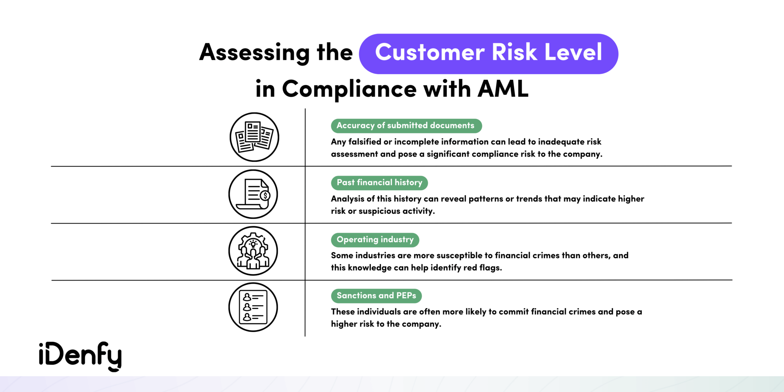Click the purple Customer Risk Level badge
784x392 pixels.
tap(488, 54)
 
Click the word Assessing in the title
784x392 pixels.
tap(254, 53)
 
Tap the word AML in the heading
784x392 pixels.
tap(503, 89)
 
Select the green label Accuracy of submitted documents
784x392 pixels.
tap(406, 126)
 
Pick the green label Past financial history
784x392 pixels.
tap(379, 183)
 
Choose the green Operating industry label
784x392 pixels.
tap(375, 240)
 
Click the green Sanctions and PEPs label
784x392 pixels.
tap(376, 296)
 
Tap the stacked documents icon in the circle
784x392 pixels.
tap(254, 137)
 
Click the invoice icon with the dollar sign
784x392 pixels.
tap(253, 194)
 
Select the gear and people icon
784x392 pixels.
tap(253, 251)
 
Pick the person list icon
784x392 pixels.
tap(253, 307)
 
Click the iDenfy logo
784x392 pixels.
tap(80, 356)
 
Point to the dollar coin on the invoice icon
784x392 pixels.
tap(265, 196)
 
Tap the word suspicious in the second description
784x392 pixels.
tap(379, 211)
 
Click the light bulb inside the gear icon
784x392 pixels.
tap(253, 244)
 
